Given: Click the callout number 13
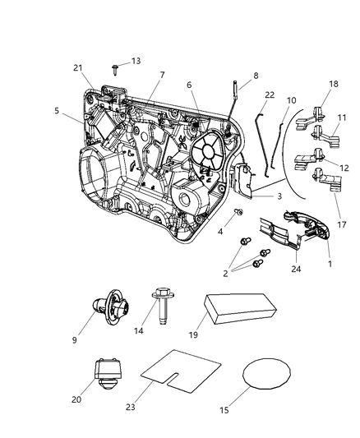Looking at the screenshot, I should [x=136, y=61].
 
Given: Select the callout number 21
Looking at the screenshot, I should [x=78, y=67].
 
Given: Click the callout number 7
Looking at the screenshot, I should [x=162, y=75].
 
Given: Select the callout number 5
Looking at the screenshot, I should [x=57, y=110].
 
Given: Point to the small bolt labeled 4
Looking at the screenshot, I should [x=239, y=213].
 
